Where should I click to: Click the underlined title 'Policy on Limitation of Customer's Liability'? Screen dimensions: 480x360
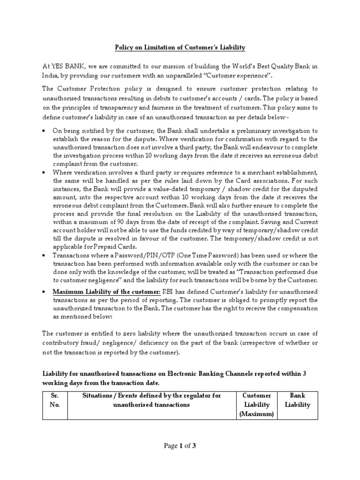pyautogui.click(x=180, y=47)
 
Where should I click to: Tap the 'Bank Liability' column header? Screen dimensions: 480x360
pyautogui.click(x=298, y=400)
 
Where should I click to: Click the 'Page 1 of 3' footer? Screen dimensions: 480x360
pyautogui.click(x=180, y=446)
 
